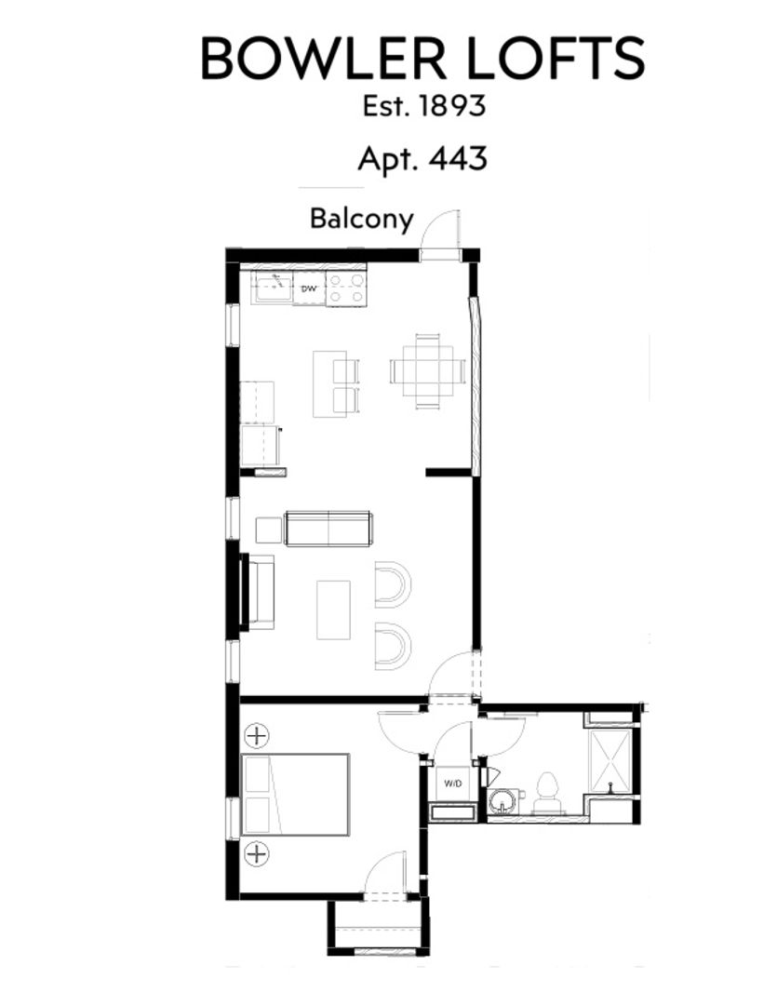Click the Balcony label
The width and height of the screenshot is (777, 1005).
[361, 219]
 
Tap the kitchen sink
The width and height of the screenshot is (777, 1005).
[273, 288]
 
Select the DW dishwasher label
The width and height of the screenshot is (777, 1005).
[310, 290]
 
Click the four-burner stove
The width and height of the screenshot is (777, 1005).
[345, 288]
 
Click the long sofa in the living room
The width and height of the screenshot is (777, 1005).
[328, 529]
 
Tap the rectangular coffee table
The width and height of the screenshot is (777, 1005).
[333, 610]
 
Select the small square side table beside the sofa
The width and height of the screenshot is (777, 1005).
[269, 529]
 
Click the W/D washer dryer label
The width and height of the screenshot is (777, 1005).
[452, 784]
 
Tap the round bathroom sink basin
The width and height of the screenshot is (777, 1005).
[503, 800]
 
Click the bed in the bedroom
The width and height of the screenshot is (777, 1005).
[295, 795]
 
